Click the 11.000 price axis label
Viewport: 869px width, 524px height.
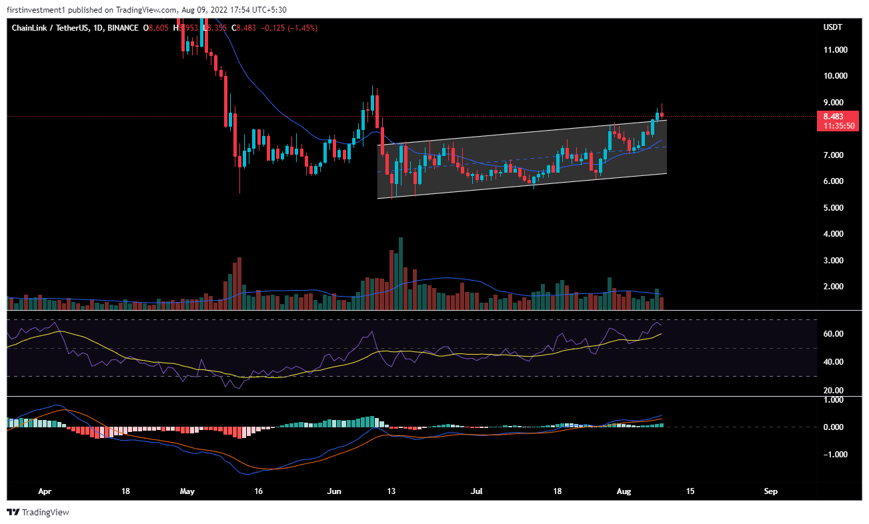[836, 50]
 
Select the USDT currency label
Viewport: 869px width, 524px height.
[833, 27]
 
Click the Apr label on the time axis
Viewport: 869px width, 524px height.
[45, 491]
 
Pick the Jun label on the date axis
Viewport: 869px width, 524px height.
[335, 491]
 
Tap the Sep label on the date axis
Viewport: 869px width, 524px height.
[771, 491]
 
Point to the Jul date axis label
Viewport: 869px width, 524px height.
[477, 491]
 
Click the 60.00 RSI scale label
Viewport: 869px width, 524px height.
[834, 334]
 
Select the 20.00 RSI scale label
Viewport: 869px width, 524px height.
[834, 391]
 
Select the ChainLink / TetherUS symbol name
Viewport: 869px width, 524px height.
[51, 28]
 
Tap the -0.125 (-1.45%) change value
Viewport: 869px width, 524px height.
[291, 28]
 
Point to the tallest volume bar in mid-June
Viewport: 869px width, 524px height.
[400, 273]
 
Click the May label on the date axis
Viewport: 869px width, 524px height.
[187, 491]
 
